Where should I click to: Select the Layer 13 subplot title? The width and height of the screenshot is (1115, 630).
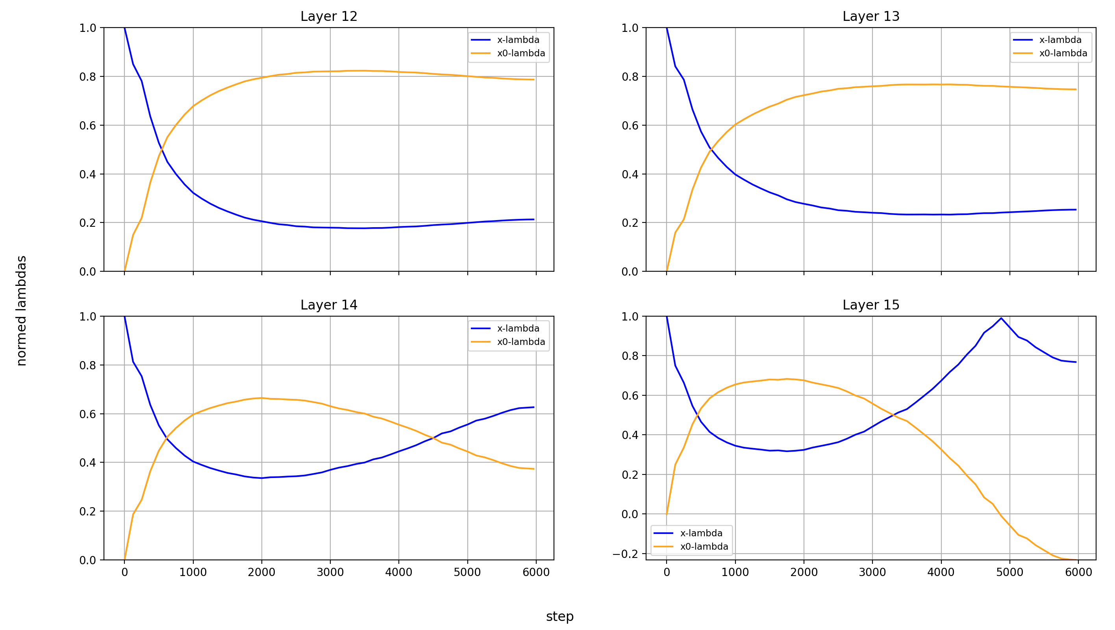(x=871, y=17)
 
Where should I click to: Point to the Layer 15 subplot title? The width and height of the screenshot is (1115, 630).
(x=871, y=305)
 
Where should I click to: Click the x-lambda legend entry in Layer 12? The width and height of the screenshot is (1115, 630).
(x=518, y=40)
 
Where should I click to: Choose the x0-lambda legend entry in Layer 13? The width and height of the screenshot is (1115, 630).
(x=1063, y=53)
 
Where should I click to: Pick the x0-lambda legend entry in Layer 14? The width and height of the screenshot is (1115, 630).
(x=521, y=342)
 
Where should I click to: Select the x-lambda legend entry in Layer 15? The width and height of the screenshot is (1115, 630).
(x=701, y=533)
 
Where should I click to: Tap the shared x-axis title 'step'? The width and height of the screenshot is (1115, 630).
(x=559, y=616)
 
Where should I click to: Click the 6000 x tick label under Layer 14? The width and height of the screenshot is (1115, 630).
(x=536, y=573)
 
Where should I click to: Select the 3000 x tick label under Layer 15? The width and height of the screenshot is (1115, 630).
(x=872, y=573)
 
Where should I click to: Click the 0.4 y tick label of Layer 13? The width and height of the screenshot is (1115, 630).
(x=630, y=174)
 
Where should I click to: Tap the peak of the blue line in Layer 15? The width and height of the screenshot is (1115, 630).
(x=1001, y=318)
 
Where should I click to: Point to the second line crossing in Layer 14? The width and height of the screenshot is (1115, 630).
(x=434, y=438)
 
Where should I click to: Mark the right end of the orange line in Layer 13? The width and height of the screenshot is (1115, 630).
(x=1076, y=90)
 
